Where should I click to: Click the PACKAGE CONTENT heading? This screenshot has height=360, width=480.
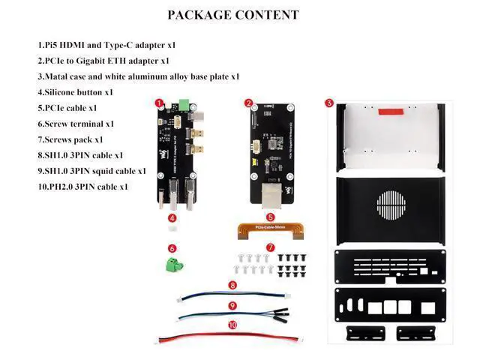point(232,15)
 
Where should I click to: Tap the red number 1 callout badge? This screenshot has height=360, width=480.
point(159,103)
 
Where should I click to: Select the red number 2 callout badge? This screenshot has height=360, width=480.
point(249,103)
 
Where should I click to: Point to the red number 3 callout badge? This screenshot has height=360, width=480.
point(328,103)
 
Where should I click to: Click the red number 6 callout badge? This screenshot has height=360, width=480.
point(172,248)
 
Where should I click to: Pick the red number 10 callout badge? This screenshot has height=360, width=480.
point(232,325)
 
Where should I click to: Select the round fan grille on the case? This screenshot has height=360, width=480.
point(394,203)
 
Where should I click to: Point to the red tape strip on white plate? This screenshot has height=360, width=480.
point(394,112)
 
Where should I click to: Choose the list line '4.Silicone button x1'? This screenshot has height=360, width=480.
point(75,92)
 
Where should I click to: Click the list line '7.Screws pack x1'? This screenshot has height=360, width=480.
point(70,139)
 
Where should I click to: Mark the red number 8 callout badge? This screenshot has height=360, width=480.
point(232,285)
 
